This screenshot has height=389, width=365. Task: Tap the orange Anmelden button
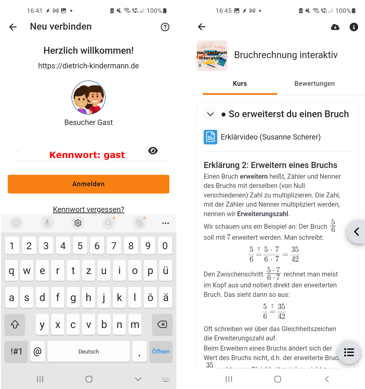pos(89,184)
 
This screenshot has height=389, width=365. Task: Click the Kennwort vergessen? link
pos(89,209)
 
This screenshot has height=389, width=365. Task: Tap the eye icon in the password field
pos(153,151)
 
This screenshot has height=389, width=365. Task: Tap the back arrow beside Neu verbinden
pos(13,27)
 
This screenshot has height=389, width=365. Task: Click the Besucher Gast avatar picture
pos(89,97)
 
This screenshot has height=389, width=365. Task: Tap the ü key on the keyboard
pos(166,271)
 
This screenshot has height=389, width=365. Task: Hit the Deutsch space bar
pos(89,351)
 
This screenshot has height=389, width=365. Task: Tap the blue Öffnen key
pos(160,351)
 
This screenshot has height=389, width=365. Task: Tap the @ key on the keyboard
pos(37,351)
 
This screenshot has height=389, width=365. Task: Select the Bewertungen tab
pos(315,84)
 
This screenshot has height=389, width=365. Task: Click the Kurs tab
pos(240,84)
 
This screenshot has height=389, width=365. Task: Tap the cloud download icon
pos(335,27)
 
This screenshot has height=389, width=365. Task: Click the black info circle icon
pos(353,27)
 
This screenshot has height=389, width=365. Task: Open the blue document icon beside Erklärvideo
pos(210,137)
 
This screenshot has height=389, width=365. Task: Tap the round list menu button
pos(349,352)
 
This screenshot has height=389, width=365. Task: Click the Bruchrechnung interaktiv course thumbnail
pos(212,56)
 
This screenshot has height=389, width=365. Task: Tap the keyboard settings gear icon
pos(78,223)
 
